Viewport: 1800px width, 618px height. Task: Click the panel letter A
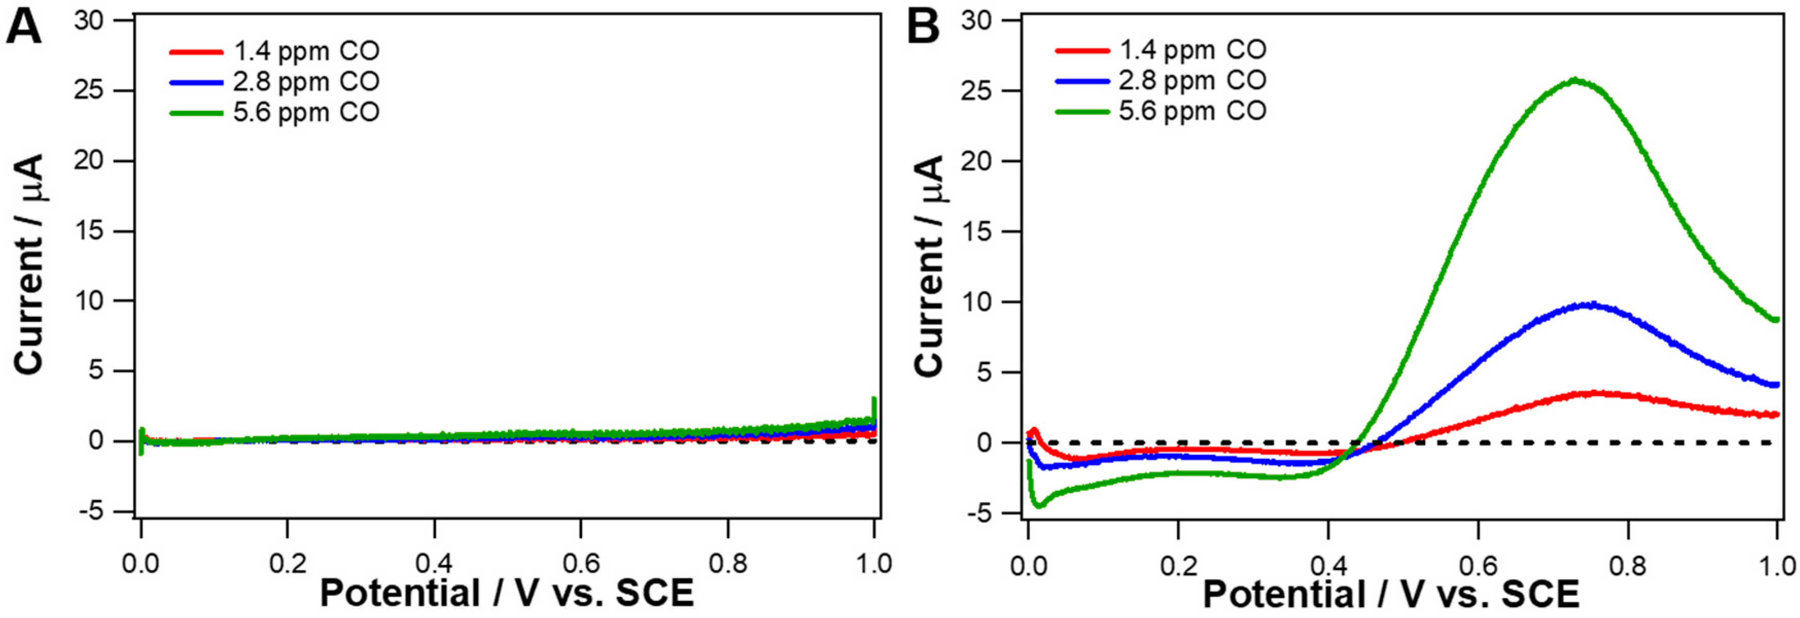pos(23,29)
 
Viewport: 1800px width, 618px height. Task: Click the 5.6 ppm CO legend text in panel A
pos(306,112)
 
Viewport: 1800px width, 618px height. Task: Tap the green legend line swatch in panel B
pos(1082,112)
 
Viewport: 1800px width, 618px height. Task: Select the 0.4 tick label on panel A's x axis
pos(434,563)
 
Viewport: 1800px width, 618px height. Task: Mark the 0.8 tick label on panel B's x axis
pos(1628,565)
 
